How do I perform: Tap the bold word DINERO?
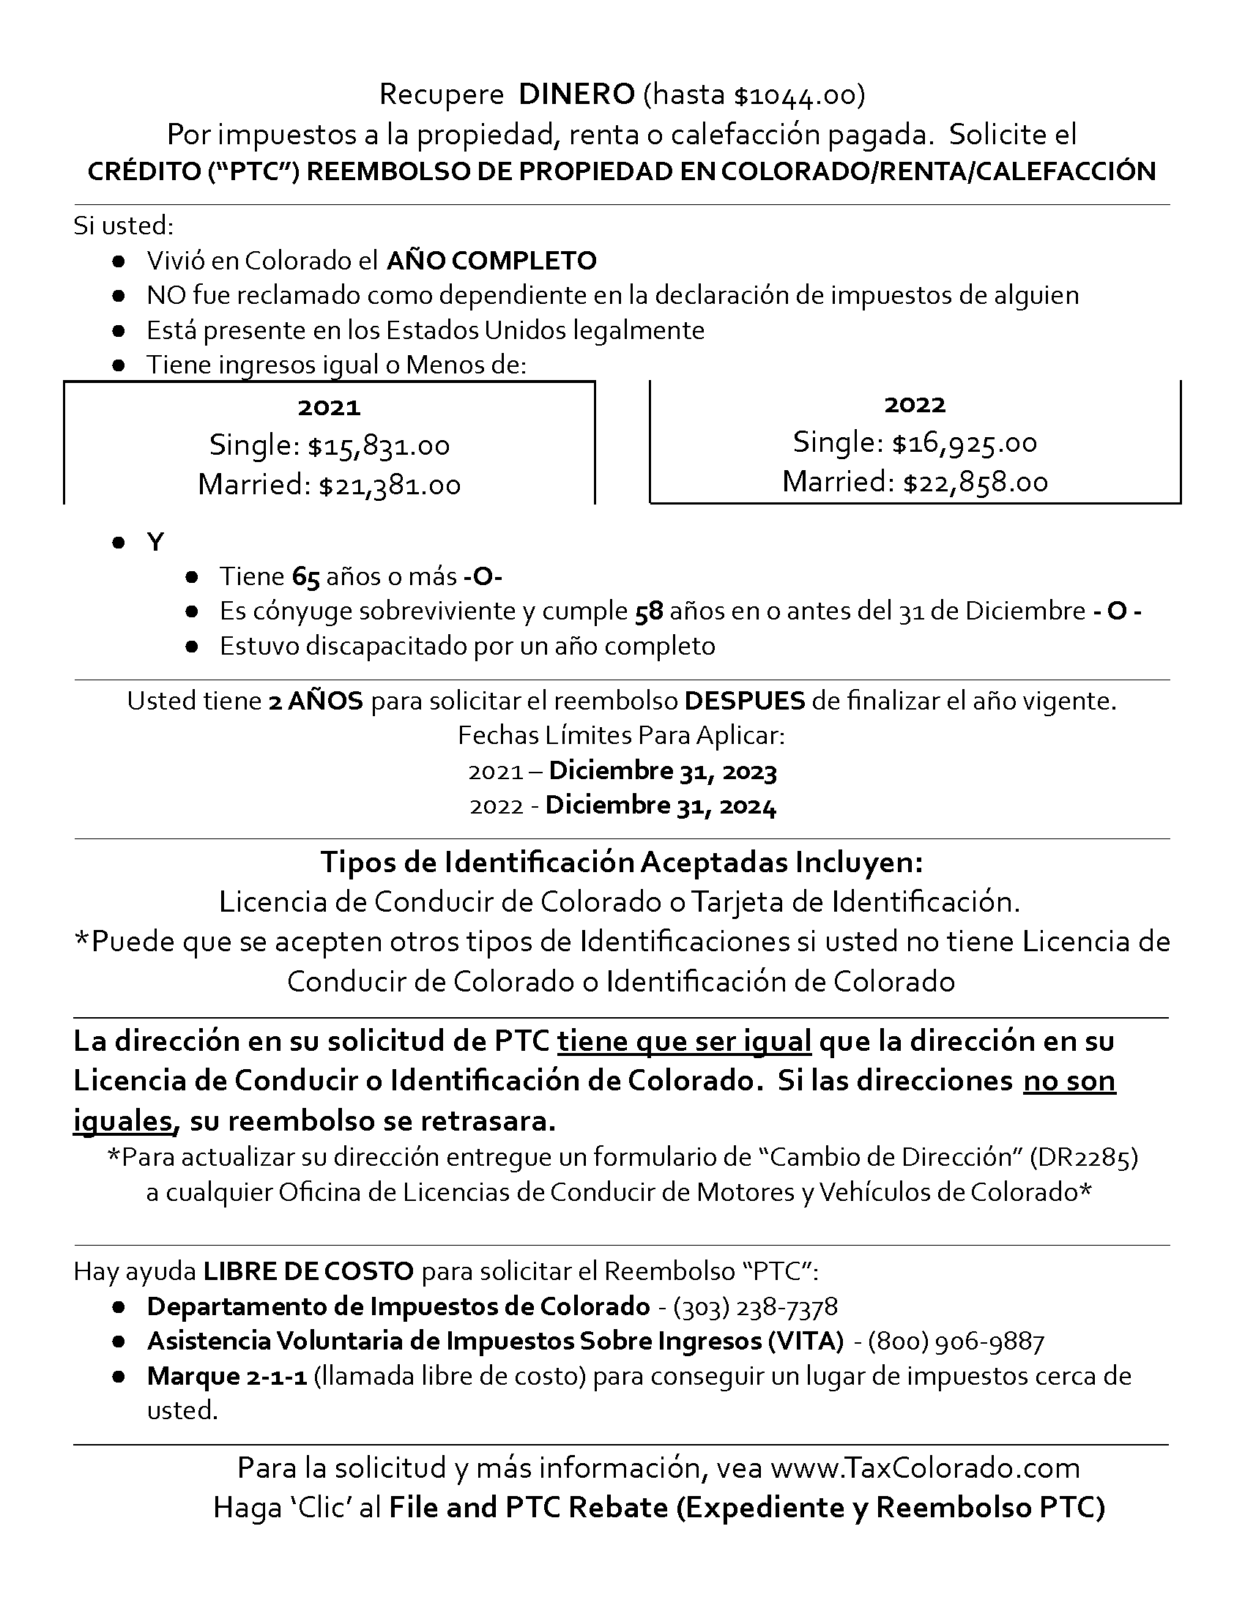(577, 94)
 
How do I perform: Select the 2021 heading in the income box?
(329, 407)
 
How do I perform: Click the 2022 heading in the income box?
(915, 404)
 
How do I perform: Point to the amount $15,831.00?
(379, 446)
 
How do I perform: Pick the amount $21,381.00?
(390, 485)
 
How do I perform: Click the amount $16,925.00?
(964, 443)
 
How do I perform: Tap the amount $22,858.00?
(975, 483)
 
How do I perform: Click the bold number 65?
(305, 577)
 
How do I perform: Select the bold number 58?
(649, 611)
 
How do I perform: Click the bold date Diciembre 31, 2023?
(662, 772)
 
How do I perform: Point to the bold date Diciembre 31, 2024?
(661, 805)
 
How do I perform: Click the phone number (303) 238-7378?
(755, 1307)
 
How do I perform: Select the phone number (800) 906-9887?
(956, 1342)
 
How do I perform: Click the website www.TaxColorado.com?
(925, 1468)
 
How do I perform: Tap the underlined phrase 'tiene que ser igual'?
(684, 1041)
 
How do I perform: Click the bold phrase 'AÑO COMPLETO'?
(491, 261)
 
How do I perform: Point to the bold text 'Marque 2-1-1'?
(226, 1377)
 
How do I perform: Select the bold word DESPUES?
(744, 701)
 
